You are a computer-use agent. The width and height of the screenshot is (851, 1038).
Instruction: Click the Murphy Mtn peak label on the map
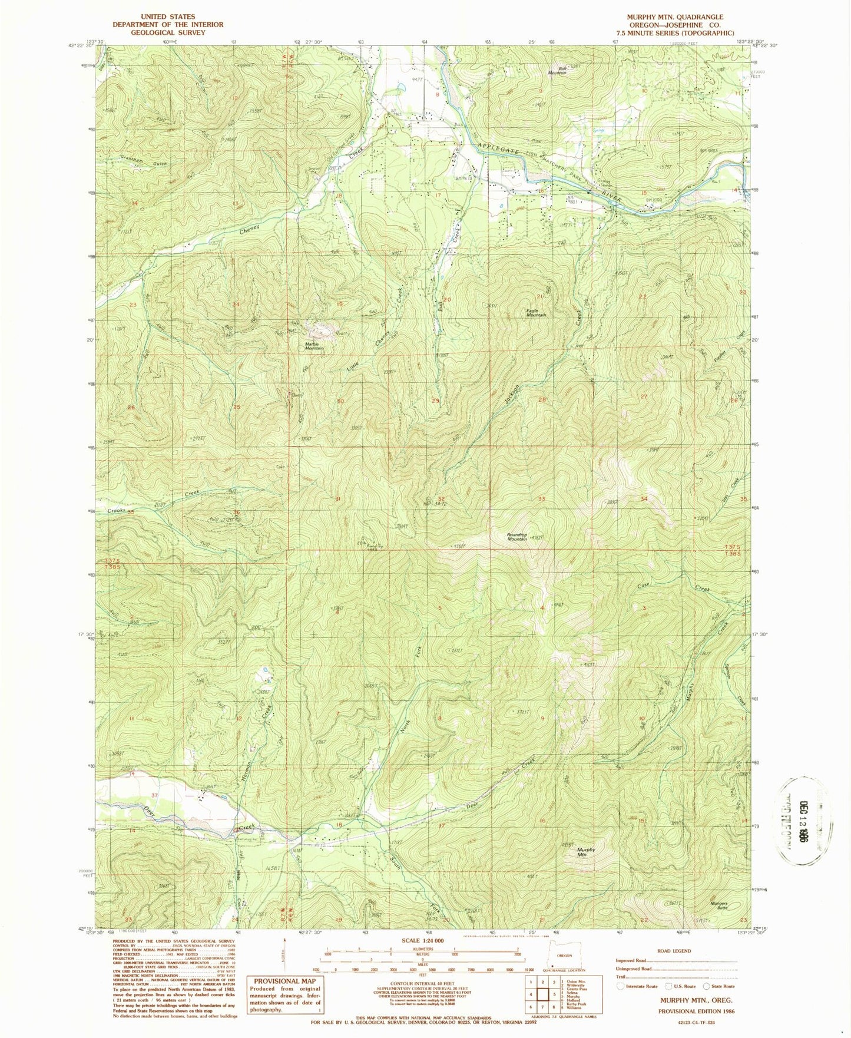coord(586,852)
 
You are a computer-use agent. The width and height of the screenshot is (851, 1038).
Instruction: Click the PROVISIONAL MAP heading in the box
coord(285,981)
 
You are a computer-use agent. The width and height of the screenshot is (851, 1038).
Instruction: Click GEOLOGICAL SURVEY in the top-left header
coord(168,32)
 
